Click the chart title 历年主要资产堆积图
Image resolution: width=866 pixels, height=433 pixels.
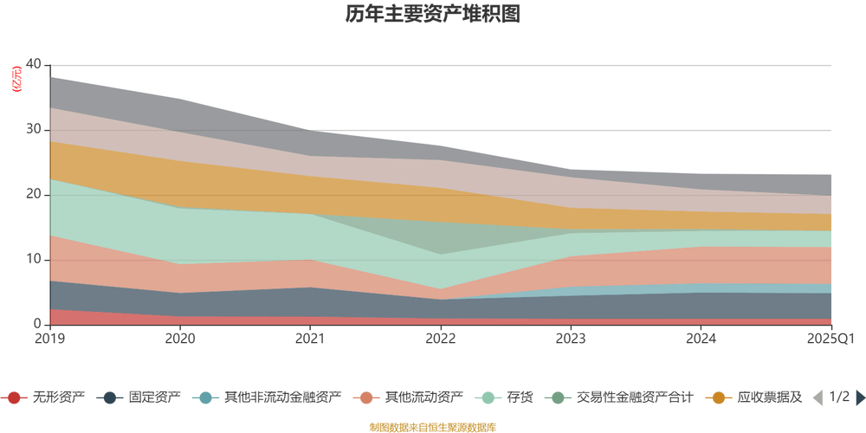(x=432, y=15)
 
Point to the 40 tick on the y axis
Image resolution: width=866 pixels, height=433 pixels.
(x=34, y=65)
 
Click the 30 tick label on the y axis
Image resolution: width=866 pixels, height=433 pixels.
(x=34, y=130)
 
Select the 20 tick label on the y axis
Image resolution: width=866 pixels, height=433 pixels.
(x=34, y=195)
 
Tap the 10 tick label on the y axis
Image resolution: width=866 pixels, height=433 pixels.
(x=34, y=260)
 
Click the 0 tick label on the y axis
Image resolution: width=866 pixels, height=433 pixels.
(x=37, y=325)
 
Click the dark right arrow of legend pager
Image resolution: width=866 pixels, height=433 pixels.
(x=860, y=397)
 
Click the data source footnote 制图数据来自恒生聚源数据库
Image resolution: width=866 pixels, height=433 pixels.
(x=432, y=427)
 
